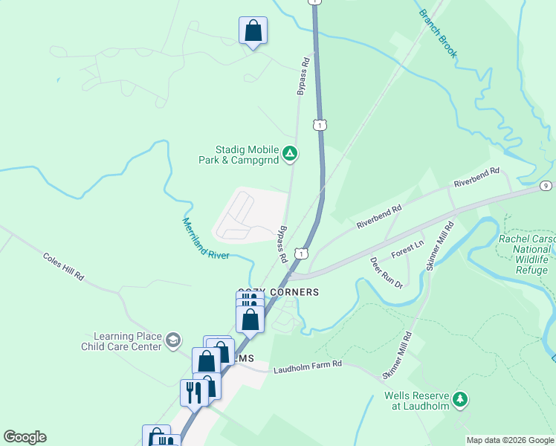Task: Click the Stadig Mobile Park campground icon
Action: click(291, 155)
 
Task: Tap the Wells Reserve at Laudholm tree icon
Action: click(461, 400)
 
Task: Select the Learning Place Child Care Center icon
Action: click(173, 340)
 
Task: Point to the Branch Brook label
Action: click(438, 33)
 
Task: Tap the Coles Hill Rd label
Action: click(63, 265)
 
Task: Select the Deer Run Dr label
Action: click(387, 274)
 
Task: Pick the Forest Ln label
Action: click(407, 248)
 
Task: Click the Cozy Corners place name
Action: click(278, 292)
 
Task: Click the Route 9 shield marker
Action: click(546, 186)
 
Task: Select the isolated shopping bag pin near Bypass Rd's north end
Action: click(253, 31)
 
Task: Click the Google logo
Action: click(25, 437)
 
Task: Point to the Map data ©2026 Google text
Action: click(510, 440)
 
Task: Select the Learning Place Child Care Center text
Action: click(127, 341)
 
